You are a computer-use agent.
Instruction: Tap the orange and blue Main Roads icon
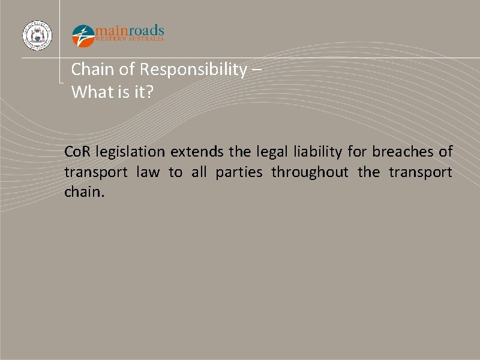pos(83,35)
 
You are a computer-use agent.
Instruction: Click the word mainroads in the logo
pos(129,31)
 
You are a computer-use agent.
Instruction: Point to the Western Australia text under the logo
pos(130,40)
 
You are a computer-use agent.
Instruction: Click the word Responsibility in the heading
pos(193,70)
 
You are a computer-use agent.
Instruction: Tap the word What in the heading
pos(89,92)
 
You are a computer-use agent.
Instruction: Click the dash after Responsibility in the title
pos(257,70)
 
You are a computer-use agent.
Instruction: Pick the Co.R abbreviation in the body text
pos(77,152)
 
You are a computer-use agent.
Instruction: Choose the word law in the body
pos(148,173)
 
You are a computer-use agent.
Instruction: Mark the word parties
pos(239,173)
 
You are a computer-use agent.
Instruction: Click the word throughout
pos(310,173)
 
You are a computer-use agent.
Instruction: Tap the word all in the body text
pos(198,173)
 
